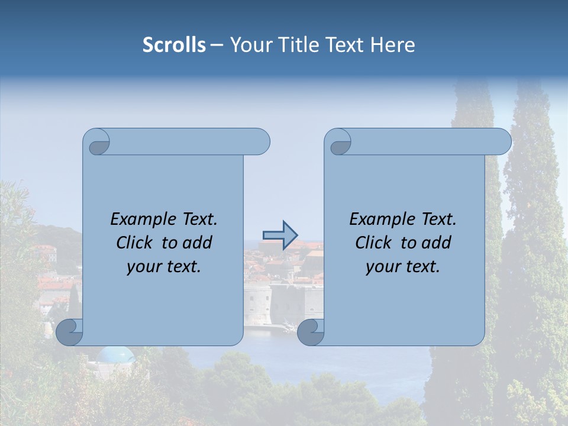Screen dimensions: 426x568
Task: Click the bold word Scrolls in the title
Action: [174, 45]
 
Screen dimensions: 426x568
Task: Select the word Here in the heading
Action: [392, 45]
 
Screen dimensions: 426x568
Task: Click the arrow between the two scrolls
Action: [280, 234]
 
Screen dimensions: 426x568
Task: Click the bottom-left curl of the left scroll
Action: [69, 333]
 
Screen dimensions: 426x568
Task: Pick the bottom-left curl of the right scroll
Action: [310, 333]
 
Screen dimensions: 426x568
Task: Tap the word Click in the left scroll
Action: [134, 243]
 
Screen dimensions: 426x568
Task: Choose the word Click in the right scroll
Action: [373, 243]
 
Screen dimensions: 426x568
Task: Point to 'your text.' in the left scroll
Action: [164, 266]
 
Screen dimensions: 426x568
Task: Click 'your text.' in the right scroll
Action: [403, 266]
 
